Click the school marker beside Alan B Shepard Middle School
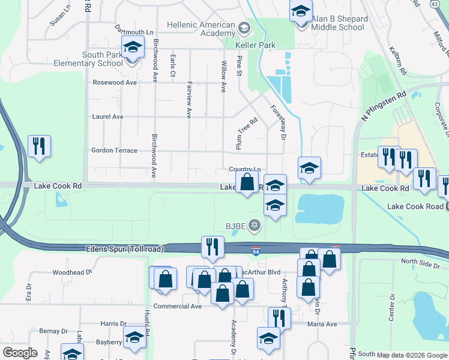pyautogui.click(x=301, y=10)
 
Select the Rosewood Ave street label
pyautogui.click(x=114, y=82)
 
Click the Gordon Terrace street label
pyautogui.click(x=114, y=151)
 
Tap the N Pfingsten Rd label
pyautogui.click(x=384, y=106)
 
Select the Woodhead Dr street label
pyautogui.click(x=72, y=272)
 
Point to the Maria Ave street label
pyautogui.click(x=322, y=324)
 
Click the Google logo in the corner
pyautogui.click(x=20, y=353)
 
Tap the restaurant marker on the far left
pyautogui.click(x=39, y=146)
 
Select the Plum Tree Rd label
pyautogui.click(x=246, y=134)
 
